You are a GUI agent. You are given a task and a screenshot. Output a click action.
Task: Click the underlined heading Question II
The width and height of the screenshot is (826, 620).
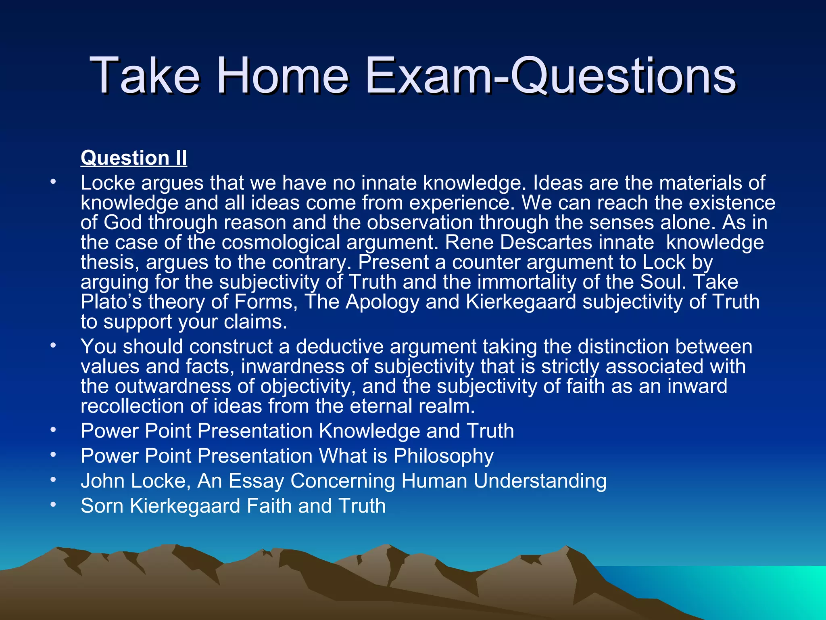133,157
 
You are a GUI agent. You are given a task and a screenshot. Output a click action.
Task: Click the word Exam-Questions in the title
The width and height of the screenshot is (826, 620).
551,76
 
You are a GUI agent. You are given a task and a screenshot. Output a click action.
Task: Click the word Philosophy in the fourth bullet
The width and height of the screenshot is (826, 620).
443,456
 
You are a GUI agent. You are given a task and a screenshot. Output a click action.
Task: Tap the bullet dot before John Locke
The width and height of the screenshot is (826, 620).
53,480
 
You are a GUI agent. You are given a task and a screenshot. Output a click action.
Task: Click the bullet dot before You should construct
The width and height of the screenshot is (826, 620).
53,346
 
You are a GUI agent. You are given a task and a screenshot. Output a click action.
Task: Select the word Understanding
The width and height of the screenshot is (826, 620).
540,481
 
